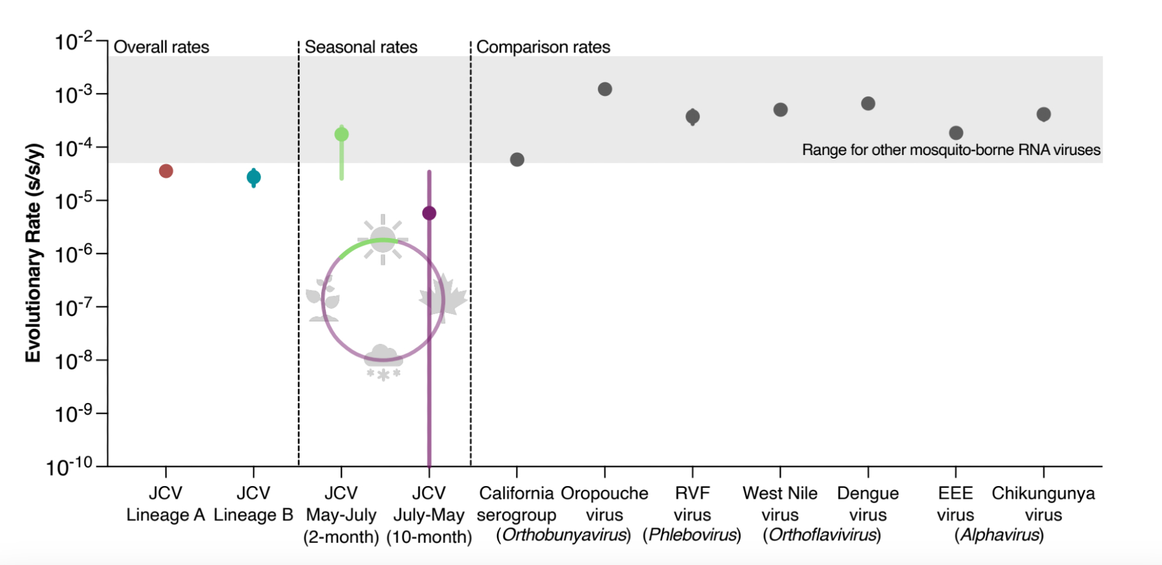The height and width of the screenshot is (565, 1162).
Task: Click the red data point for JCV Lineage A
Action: pos(166,171)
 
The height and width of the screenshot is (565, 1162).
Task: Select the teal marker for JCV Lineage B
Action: pos(253,177)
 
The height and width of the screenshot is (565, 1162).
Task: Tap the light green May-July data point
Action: pos(342,134)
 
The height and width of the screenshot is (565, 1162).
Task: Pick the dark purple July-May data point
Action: pos(429,213)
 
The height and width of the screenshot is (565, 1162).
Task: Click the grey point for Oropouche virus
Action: pos(605,89)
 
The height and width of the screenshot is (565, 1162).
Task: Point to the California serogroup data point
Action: pos(517,160)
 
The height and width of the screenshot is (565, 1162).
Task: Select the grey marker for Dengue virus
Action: pos(868,103)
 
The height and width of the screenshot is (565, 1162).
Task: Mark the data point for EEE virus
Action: pos(956,133)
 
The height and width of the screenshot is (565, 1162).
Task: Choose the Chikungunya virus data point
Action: pos(1043,114)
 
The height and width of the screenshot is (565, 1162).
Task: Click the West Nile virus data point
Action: pos(780,110)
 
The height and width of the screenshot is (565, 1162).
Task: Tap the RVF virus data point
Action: pos(693,117)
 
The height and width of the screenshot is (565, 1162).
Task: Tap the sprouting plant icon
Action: pos(323,298)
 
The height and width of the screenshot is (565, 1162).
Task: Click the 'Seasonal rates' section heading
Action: pos(361,47)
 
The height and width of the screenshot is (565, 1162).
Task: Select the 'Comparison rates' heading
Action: pos(543,47)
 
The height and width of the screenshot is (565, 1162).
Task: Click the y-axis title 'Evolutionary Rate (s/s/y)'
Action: pos(33,253)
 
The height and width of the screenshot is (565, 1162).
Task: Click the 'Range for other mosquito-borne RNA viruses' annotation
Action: pos(951,150)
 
